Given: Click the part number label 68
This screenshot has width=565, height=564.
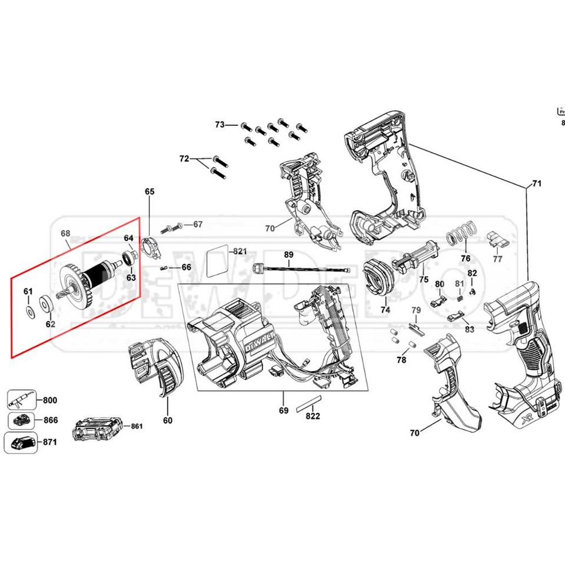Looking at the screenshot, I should click(65, 233).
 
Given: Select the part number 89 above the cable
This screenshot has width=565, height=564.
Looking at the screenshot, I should click(288, 255).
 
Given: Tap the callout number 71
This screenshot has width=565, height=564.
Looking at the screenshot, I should click(536, 184).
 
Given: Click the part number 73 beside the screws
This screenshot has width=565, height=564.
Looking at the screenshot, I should click(220, 125).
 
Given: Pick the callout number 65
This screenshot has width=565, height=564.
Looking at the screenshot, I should click(149, 192).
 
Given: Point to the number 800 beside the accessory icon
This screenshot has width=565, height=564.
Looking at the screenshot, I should click(50, 401).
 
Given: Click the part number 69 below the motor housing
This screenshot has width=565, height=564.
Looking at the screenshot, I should click(284, 411).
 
